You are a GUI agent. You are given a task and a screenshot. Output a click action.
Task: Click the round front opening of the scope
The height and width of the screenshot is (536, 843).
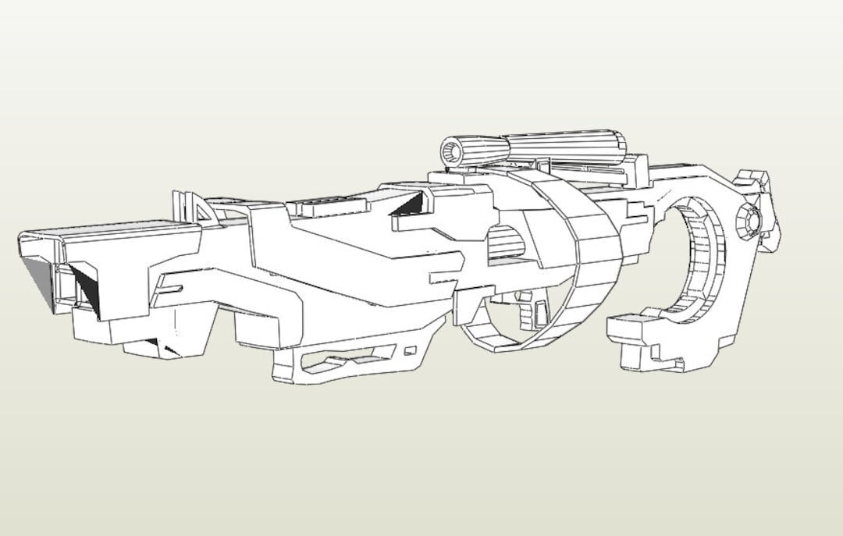pos(452,150)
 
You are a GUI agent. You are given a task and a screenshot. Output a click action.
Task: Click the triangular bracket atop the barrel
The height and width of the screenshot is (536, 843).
pos(201,208)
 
